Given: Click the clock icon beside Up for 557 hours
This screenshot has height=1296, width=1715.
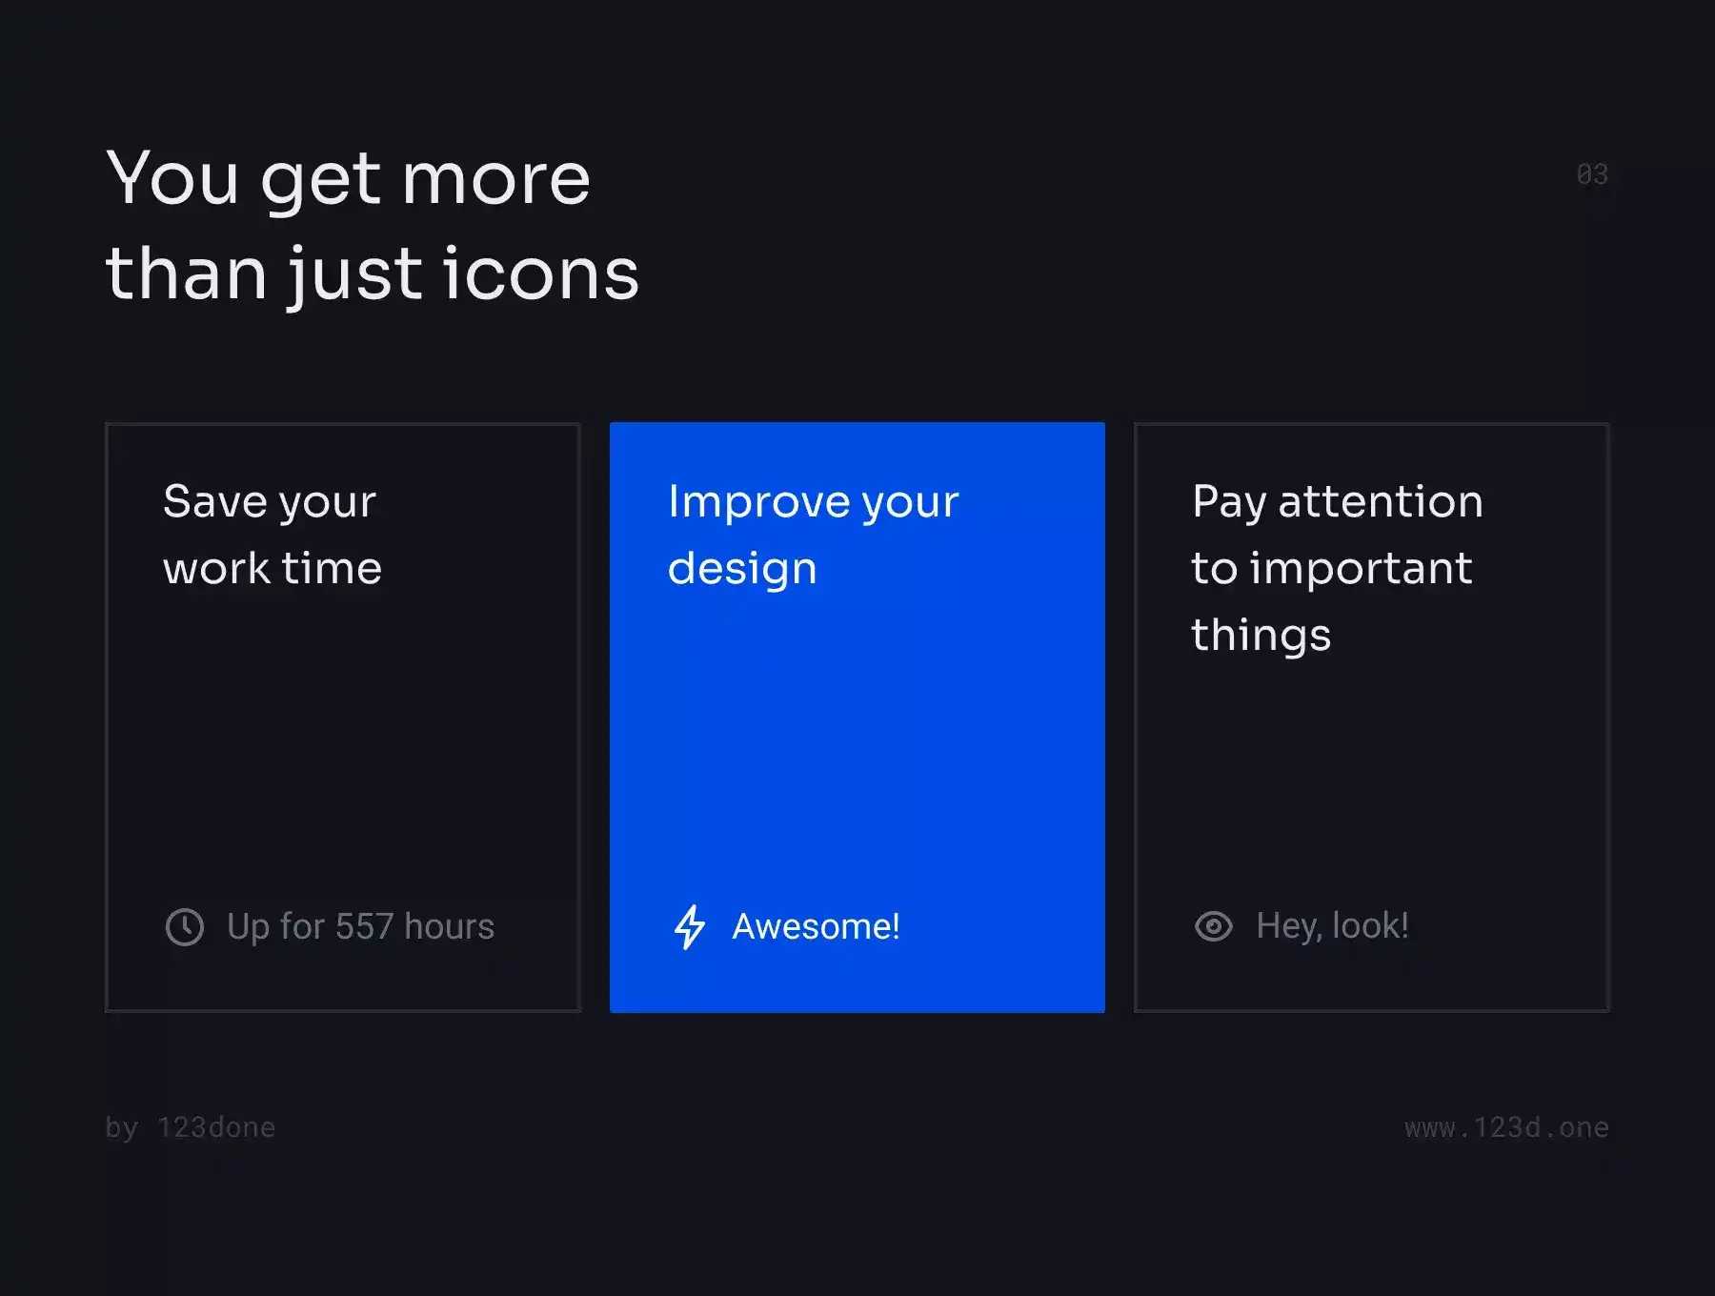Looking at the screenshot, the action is (x=185, y=927).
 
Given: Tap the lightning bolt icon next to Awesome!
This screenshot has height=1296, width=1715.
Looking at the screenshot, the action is (x=690, y=927).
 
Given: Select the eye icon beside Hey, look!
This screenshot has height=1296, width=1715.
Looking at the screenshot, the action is (x=1214, y=926).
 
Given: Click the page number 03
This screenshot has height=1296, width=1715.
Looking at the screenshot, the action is (x=1592, y=174).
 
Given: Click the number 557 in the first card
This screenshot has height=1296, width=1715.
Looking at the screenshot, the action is (x=364, y=926).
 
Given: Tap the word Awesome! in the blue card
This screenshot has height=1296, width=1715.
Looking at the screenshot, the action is (x=816, y=926).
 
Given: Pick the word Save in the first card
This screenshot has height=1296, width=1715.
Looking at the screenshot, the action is (x=215, y=501).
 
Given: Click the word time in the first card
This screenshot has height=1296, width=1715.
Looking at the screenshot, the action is (x=332, y=569).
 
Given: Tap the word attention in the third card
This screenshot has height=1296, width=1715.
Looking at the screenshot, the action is (x=1381, y=501).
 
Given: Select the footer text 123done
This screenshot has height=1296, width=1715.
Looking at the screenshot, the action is (x=216, y=1127).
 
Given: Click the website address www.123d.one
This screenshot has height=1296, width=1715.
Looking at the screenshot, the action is (x=1506, y=1127).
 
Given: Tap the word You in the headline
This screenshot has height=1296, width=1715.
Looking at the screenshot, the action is (x=172, y=178).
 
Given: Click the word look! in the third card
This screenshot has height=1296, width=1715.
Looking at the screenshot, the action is (x=1370, y=925).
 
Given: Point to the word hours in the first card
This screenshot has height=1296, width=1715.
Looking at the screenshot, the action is (x=449, y=926).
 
